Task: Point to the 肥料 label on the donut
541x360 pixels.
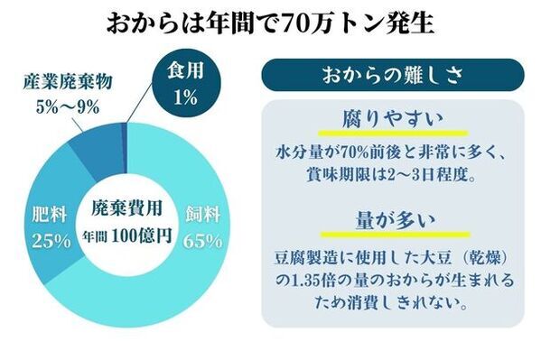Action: pos(45,217)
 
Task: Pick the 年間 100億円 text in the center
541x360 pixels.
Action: pos(127,230)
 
